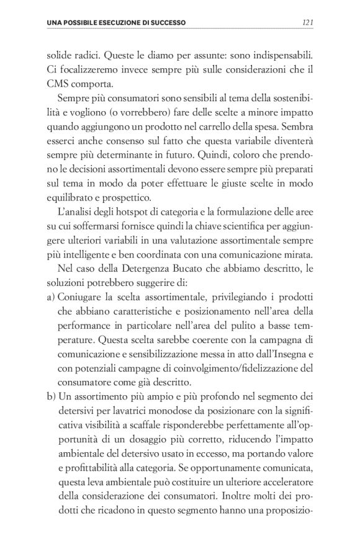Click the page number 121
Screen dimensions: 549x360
[306, 23]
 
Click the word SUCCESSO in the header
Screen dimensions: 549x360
[168, 23]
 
